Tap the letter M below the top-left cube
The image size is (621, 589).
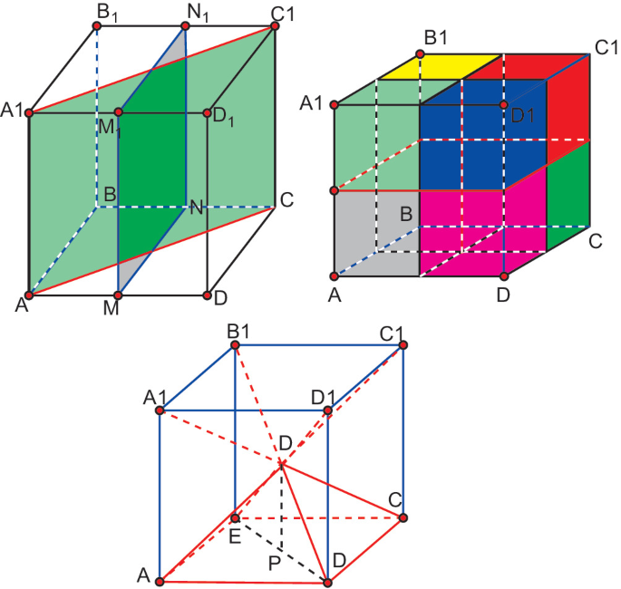click(112, 308)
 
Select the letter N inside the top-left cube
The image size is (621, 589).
click(195, 208)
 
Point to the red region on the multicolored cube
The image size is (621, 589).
click(568, 100)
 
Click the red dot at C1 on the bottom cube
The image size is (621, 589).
click(403, 344)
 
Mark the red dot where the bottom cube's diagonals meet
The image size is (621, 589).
click(282, 465)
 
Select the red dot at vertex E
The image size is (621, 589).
click(235, 518)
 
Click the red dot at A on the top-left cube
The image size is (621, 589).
click(28, 295)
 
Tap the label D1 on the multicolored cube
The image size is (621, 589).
click(523, 116)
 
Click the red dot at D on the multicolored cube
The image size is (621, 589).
click(504, 275)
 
